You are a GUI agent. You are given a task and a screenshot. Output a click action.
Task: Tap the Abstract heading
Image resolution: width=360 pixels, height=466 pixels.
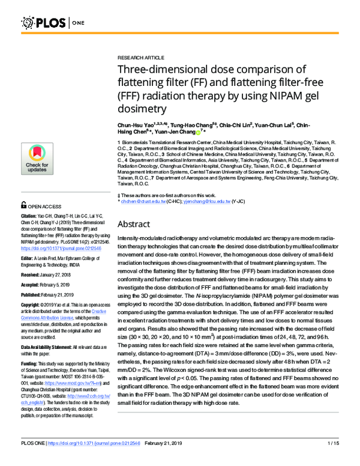pos(137,224)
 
